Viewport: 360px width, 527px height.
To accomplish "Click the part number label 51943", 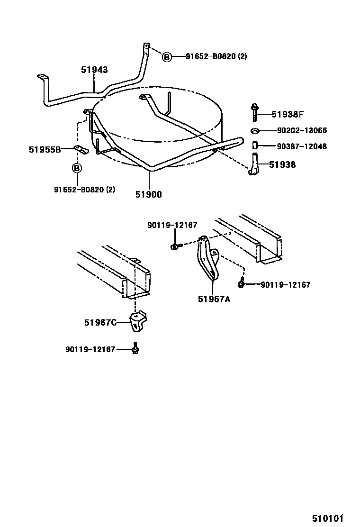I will [94, 70].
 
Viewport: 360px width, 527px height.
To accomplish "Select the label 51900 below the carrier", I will [148, 194].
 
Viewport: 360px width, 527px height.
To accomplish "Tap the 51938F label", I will [287, 114].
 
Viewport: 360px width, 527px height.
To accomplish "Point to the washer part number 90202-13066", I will [302, 131].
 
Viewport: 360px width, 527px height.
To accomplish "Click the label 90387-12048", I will [302, 146].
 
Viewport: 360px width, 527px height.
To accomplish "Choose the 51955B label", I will [45, 150].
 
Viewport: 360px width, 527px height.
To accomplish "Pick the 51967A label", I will [214, 299].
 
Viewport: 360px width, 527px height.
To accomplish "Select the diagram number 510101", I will [327, 518].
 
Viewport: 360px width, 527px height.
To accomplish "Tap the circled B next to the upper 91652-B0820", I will [167, 57].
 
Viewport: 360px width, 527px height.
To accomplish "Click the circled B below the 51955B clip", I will [77, 168].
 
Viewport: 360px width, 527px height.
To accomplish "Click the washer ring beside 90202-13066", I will [255, 131].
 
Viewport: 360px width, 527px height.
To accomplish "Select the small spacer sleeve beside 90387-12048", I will [255, 145].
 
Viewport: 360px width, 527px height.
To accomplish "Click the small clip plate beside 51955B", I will [81, 151].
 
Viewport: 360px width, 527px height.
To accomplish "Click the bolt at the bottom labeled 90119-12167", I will [135, 349].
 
